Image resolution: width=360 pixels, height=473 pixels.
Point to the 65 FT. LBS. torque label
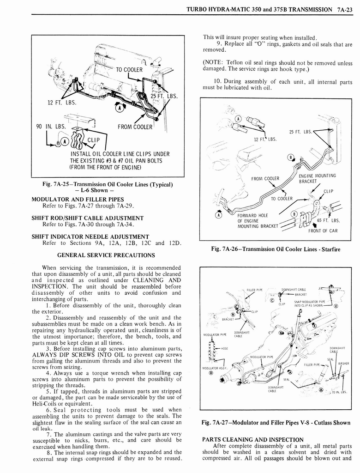(327, 220)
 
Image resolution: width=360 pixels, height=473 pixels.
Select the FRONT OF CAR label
(323, 230)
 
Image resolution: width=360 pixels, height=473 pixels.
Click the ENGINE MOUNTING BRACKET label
(317, 178)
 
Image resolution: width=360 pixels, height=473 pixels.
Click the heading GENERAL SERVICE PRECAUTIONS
(106, 255)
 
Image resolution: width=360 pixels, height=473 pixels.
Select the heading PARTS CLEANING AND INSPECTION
(253, 439)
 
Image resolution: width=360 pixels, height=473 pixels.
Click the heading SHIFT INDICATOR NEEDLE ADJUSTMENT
(90, 236)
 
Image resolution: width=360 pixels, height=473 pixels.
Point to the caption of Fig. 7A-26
(275, 249)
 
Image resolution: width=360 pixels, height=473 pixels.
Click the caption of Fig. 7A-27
(276, 423)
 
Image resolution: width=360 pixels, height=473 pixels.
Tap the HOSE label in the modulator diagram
(226, 349)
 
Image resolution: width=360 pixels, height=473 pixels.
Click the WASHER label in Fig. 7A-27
(343, 363)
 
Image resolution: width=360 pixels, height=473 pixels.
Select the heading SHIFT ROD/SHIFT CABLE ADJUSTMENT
(87, 218)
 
